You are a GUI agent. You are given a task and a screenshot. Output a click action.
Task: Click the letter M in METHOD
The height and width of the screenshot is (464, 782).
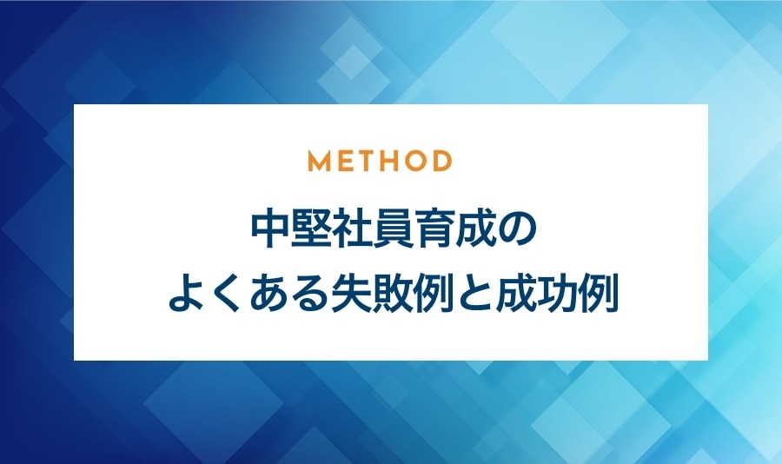[319, 161]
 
